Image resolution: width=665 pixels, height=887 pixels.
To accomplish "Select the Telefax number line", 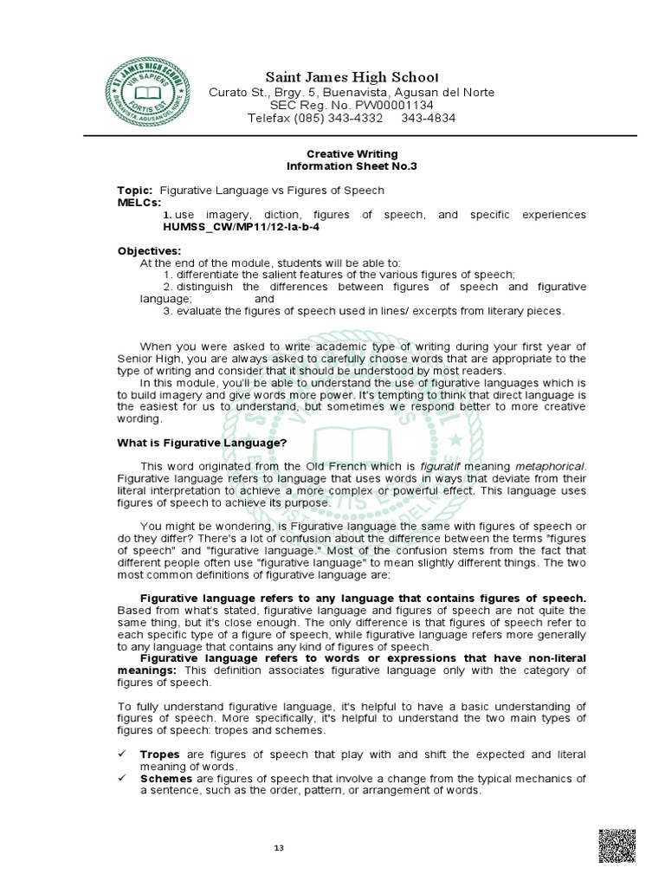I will [x=352, y=118].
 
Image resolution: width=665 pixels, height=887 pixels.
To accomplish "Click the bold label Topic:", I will [x=135, y=190].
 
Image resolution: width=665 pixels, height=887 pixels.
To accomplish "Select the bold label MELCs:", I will [x=139, y=201].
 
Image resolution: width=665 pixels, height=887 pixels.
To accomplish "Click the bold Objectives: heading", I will [x=150, y=251].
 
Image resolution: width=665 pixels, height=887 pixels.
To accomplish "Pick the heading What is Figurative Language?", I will [x=202, y=443].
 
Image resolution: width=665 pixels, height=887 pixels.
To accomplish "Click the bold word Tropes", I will [x=159, y=754].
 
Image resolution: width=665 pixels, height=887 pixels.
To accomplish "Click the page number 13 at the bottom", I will [x=279, y=847].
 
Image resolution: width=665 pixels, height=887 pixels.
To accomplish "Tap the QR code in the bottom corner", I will [x=617, y=845].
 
